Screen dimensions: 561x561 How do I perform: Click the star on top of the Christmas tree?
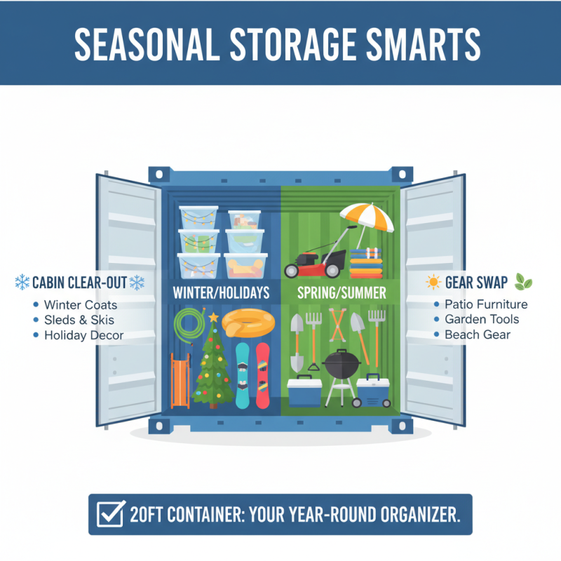[x=213, y=318]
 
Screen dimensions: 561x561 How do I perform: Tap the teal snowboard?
[x=242, y=375]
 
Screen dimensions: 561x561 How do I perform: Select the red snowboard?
[x=262, y=375]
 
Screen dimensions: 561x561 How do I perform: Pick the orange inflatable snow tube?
[x=246, y=324]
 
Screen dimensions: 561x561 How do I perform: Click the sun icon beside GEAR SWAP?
[x=433, y=283]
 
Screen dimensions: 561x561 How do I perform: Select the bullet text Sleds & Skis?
[x=76, y=320]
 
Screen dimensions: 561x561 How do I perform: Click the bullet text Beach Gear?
[x=478, y=334]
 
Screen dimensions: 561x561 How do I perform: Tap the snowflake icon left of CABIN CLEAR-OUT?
[x=22, y=283]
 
